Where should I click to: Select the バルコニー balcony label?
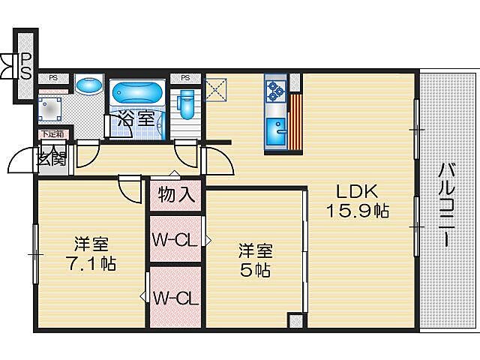point(446,202)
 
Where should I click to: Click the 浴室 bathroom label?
point(136,118)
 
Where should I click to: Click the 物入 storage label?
point(177,196)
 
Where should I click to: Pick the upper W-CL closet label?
point(175,240)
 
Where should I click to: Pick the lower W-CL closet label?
point(175,298)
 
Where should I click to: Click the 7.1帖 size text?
point(90,264)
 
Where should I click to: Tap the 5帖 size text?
point(255,270)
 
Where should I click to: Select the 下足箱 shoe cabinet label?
point(52,135)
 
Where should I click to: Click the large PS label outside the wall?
point(25,65)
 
